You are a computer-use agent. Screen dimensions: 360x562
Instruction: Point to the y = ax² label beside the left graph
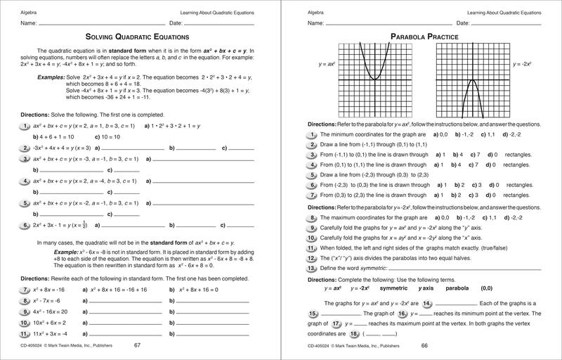pyautogui.click(x=321, y=64)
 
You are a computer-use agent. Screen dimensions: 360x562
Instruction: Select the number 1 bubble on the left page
pyautogui.click(x=24, y=126)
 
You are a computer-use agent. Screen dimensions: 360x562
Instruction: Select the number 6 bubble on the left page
pyautogui.click(x=24, y=226)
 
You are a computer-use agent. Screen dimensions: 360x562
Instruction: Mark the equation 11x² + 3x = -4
pyautogui.click(x=52, y=333)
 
